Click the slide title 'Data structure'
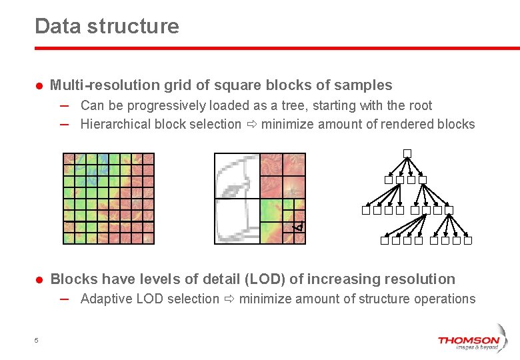107,26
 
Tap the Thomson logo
468,341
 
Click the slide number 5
36,341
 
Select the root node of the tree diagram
407,153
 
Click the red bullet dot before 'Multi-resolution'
39,86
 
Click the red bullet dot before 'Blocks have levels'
39,280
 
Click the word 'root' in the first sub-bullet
420,105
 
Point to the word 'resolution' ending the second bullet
421,279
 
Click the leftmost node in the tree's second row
388,180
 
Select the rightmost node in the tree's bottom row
468,241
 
